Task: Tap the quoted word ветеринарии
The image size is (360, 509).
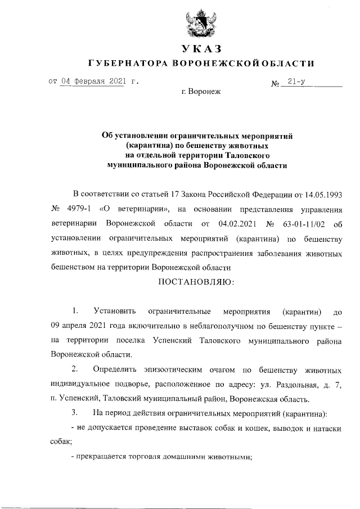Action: [138, 209]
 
